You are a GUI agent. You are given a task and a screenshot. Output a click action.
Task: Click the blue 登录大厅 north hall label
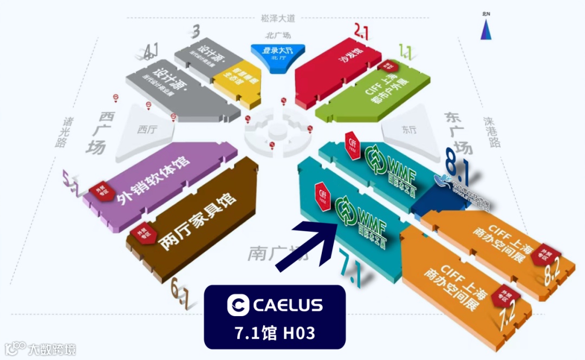click(277, 51)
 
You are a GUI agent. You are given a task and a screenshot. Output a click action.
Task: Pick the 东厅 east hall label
click(409, 130)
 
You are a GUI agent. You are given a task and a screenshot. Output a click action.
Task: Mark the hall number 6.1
click(179, 295)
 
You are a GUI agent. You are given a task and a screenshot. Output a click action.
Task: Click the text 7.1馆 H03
click(275, 332)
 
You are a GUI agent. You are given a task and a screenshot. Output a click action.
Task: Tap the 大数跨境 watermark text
click(52, 349)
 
